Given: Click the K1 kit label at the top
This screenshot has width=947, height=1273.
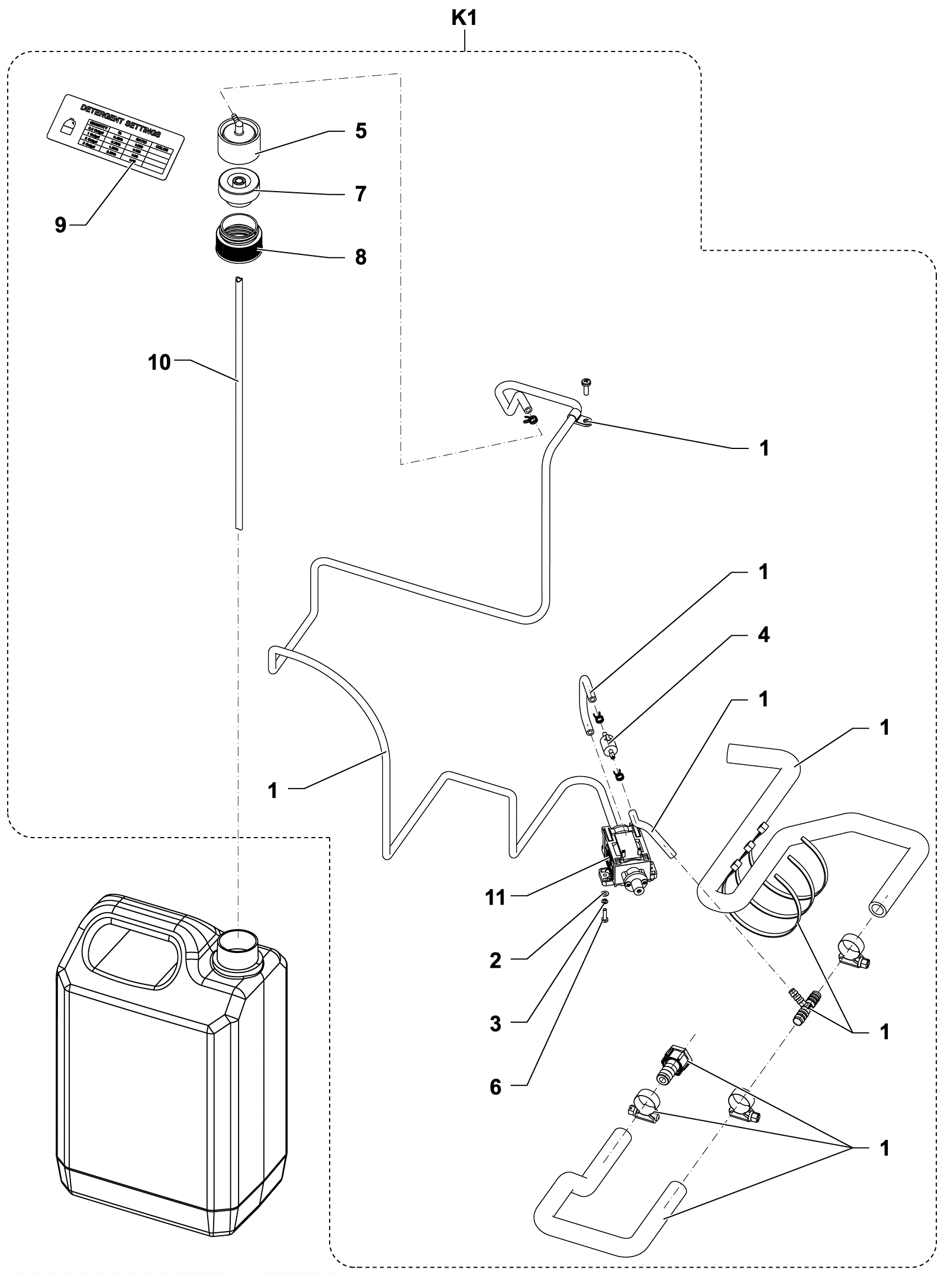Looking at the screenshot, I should (464, 19).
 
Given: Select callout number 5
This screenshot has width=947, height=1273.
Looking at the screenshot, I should (361, 131).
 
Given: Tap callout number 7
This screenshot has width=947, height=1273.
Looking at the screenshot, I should (361, 193).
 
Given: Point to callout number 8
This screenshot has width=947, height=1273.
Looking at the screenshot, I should (361, 257).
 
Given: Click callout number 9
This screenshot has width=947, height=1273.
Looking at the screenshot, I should (60, 225).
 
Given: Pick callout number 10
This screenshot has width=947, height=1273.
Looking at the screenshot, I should (159, 362).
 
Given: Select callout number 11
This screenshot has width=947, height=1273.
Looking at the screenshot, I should (495, 897).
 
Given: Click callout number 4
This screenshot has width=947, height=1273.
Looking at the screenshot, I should (764, 635).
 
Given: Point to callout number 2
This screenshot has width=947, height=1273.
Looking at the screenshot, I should (495, 961).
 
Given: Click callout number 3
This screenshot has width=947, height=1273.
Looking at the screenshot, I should (495, 1024).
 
